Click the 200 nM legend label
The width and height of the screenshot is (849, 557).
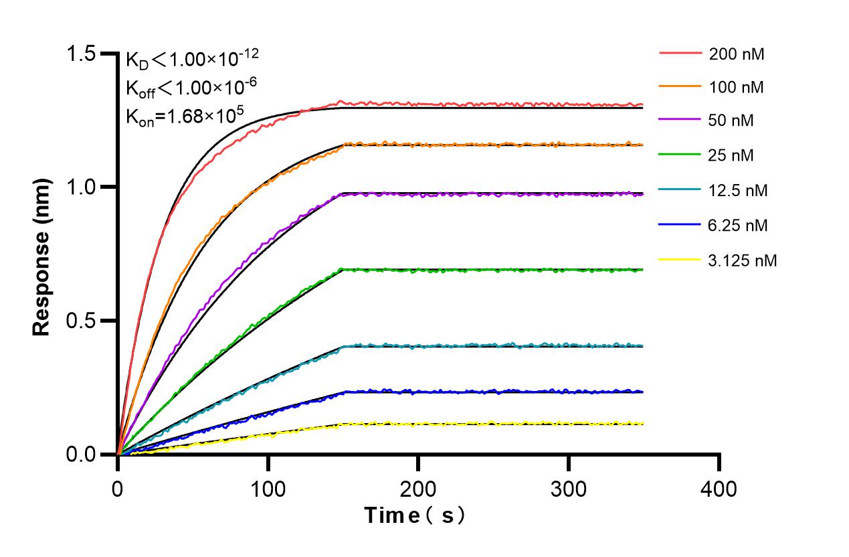[x=737, y=54]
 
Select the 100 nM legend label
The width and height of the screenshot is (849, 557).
[x=737, y=87]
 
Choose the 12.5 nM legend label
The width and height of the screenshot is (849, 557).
[x=739, y=191]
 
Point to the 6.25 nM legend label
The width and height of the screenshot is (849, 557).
[x=739, y=226]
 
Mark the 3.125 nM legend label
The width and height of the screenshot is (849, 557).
[x=743, y=260]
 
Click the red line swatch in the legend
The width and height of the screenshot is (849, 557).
[x=680, y=52]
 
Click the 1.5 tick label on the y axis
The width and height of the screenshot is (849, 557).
[x=82, y=54]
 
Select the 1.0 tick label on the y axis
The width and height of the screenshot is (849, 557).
[x=82, y=187]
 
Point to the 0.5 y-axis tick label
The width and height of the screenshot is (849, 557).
[x=82, y=321]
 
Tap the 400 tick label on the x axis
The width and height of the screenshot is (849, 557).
[x=719, y=489]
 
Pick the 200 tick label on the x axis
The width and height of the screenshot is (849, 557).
[x=418, y=489]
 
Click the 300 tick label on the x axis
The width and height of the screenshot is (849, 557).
[x=568, y=489]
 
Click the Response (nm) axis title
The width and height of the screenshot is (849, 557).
[x=42, y=254]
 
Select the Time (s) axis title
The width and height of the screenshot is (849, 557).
[x=414, y=516]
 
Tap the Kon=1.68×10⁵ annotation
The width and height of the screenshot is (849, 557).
[x=183, y=116]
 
